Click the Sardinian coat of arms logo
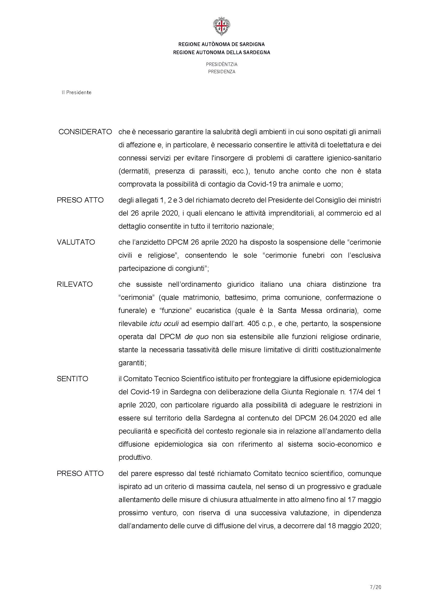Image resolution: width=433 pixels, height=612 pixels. pos(221,26)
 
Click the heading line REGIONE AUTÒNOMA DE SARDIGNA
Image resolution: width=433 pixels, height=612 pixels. pos(221,44)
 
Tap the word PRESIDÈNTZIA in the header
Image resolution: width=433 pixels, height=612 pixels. pos(221,64)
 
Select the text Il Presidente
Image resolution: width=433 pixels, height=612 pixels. pos(76,92)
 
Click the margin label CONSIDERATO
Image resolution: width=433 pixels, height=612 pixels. pos(85,132)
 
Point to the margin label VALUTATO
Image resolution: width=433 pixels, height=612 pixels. pos(76,242)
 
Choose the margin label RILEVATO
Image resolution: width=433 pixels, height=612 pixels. pos(75,284)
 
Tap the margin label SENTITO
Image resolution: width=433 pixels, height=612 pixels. pos(72,379)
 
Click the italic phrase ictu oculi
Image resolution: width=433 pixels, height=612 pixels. pos(164,324)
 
